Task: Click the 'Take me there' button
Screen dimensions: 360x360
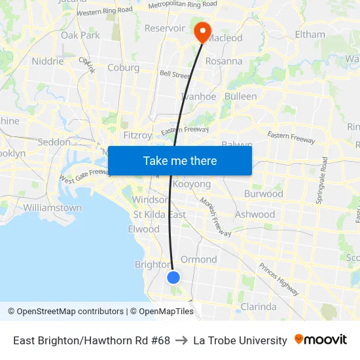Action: [180, 161]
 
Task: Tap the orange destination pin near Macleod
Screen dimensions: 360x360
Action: [201, 31]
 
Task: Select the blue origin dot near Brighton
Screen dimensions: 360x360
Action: [173, 278]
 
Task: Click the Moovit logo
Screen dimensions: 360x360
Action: [321, 340]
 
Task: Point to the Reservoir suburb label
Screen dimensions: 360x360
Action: [164, 28]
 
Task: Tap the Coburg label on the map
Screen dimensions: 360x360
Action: [123, 67]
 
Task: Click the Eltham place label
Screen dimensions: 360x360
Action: [310, 34]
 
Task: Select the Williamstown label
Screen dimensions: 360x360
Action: [52, 207]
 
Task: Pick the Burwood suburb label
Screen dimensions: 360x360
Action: [263, 194]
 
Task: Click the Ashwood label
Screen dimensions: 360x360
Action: [255, 214]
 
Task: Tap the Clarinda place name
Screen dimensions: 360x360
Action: [259, 306]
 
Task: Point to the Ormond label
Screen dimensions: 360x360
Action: [198, 259]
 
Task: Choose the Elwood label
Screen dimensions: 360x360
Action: [144, 229]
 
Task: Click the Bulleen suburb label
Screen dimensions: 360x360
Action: [240, 96]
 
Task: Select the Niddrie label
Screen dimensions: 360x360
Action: [48, 62]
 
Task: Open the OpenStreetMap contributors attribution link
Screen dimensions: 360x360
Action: [65, 312]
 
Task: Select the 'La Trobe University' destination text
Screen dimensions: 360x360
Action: [240, 340]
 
